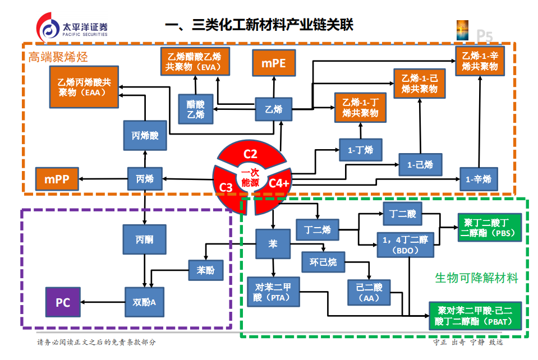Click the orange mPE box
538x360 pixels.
pos(273,63)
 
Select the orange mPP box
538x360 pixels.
pos(56,179)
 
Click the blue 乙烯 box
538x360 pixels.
pos(273,109)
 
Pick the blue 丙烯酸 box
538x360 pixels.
pos(145,135)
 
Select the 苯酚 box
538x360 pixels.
pos(205,270)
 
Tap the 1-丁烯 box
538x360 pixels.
pos(360,150)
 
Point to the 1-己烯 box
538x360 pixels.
pos(420,164)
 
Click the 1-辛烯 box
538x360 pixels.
pos(479,179)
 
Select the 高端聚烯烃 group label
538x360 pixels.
pos(58,57)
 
